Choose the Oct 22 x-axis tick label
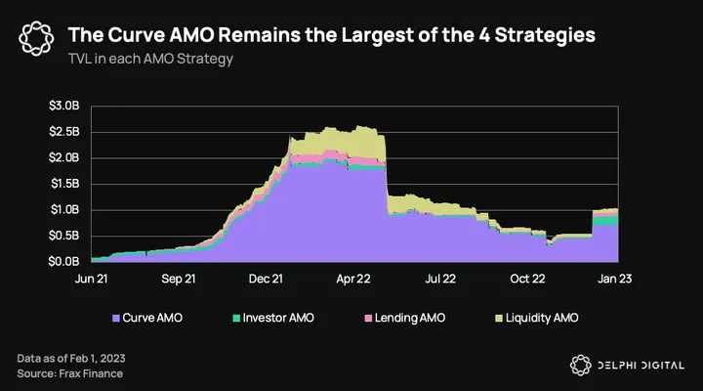[x=528, y=279]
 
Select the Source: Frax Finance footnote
[x=70, y=372]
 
